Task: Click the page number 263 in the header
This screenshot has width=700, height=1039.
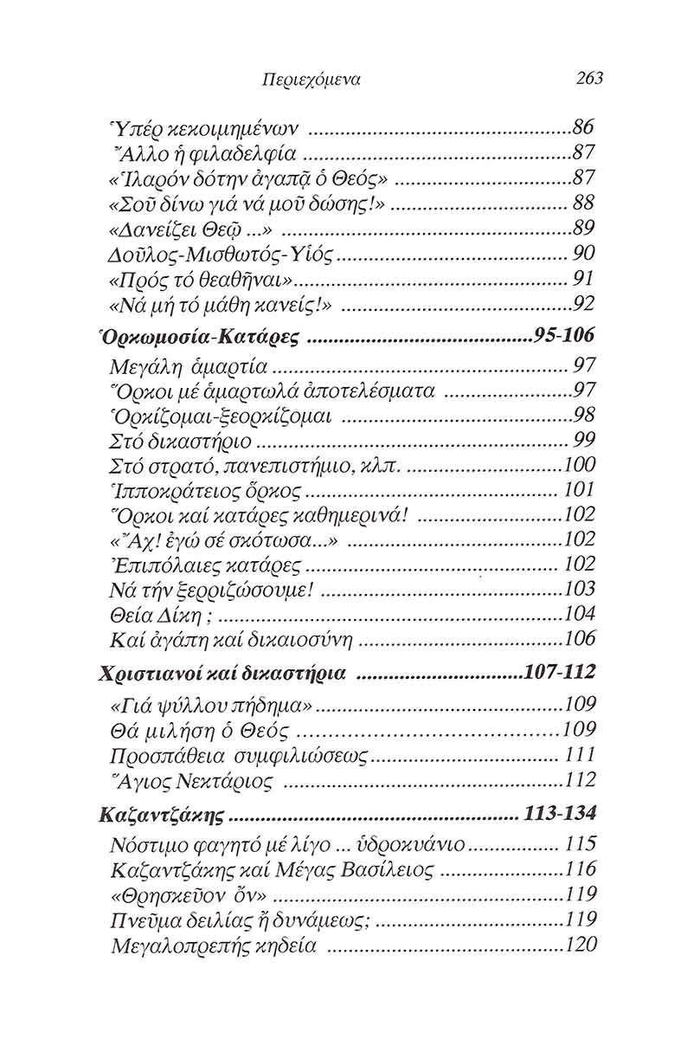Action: pos(588,79)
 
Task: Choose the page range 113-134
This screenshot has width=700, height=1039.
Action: pos(560,815)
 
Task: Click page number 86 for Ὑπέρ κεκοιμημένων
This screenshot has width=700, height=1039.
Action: pos(585,129)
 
